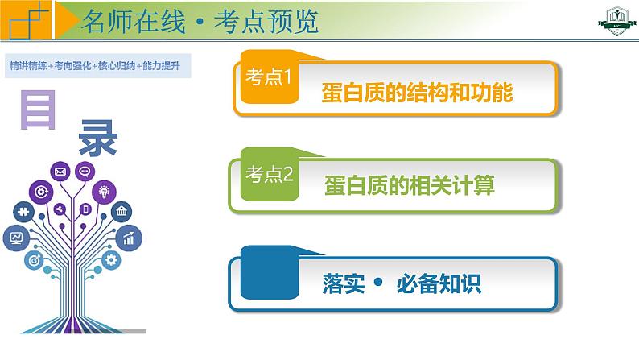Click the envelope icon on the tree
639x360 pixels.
pos(60,172)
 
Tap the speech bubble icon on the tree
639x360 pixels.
pos(85,172)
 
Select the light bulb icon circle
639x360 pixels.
pos(105,192)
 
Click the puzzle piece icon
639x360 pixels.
pos(23,212)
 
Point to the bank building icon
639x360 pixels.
pos(122,211)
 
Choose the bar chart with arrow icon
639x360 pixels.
pos(129,238)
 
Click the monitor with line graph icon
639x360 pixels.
pos(16,238)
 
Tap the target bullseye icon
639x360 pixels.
pos(35,259)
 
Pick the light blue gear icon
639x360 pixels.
pos(111,259)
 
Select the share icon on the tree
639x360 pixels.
pos(60,209)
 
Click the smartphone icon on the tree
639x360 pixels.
pos(85,209)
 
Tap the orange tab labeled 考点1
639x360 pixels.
pos(270,77)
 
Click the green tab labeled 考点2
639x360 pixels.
pos(270,174)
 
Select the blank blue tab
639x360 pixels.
pos(270,272)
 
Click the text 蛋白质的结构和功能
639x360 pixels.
pos(417,93)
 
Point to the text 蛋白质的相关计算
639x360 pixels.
pos(409,185)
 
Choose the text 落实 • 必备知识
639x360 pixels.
pos(402,283)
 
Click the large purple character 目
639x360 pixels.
pos(38,110)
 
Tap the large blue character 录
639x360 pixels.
pos(98,138)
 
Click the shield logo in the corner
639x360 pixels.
pos(617,21)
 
